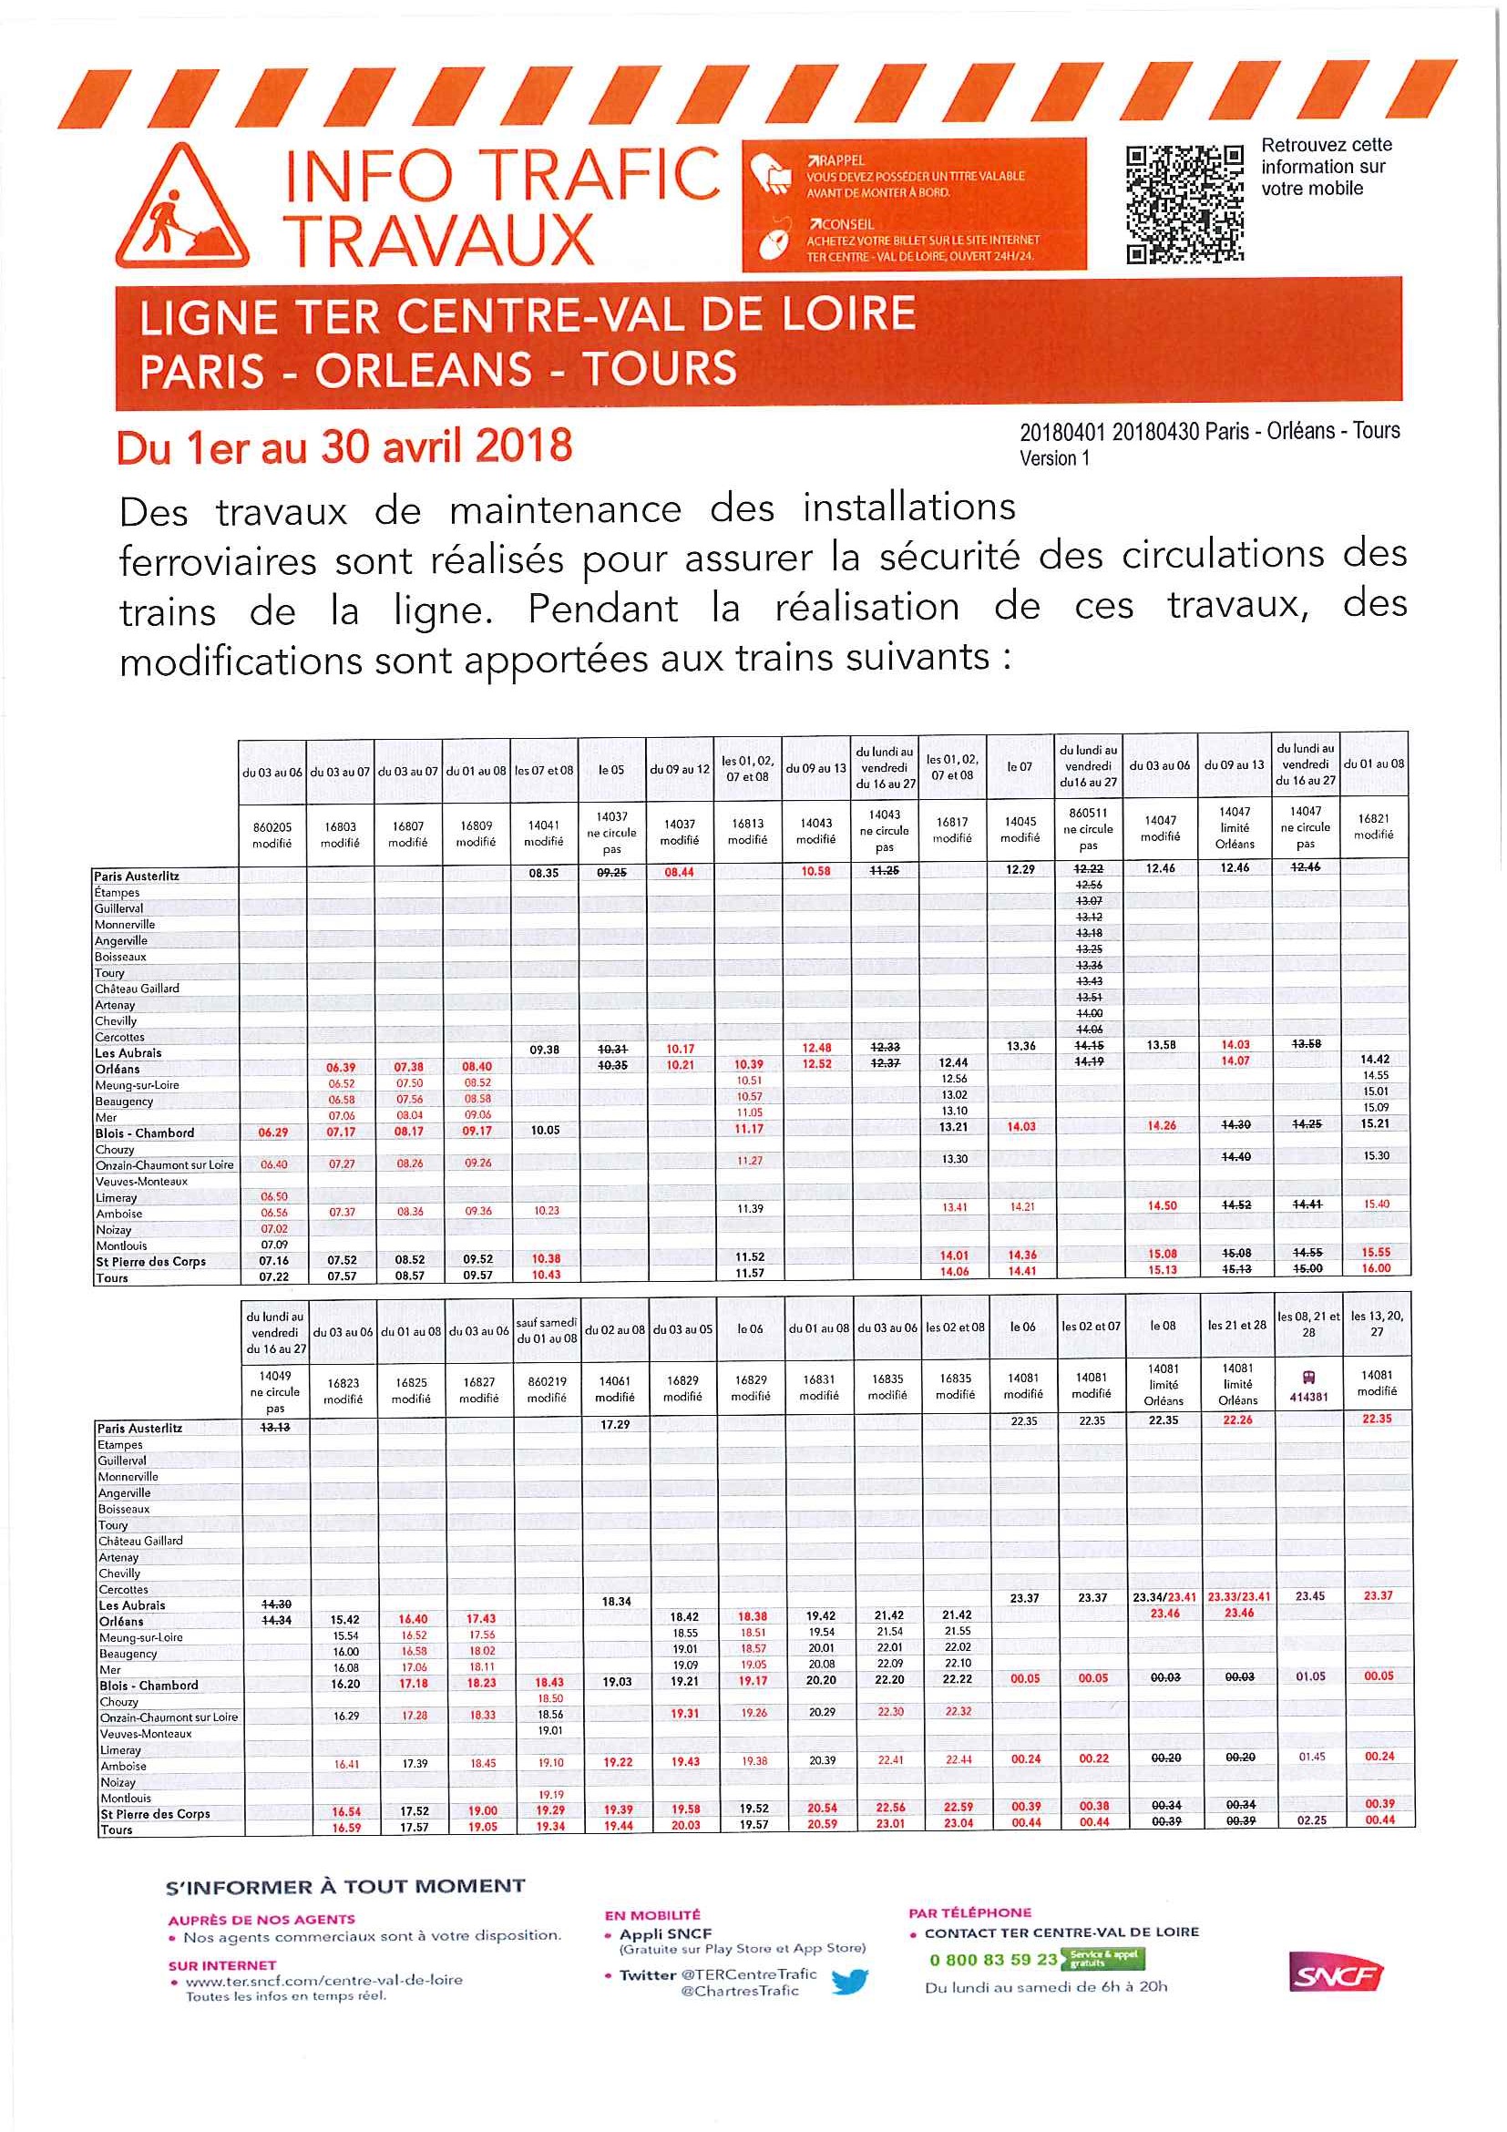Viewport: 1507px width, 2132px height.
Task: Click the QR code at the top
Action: coord(1184,204)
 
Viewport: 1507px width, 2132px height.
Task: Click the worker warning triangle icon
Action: coord(182,209)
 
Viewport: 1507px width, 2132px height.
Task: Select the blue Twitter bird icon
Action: coord(849,1982)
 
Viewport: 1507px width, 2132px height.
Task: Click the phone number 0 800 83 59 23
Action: coord(992,1959)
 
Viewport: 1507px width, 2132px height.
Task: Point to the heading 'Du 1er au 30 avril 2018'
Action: coord(343,446)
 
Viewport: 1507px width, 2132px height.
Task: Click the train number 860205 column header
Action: coord(272,835)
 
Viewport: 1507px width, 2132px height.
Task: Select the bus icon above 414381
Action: coord(1309,1377)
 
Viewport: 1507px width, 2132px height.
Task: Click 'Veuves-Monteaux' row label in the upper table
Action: coord(141,1181)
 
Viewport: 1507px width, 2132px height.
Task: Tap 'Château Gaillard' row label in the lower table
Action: coord(141,1541)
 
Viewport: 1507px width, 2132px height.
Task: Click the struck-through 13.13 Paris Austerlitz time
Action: coord(276,1427)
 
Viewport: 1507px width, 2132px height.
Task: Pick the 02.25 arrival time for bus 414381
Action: coord(1311,1820)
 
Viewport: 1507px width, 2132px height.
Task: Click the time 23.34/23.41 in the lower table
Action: coord(1164,1597)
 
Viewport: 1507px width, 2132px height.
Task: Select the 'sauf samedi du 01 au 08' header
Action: coord(547,1329)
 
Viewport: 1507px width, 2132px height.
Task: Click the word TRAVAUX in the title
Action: coord(438,240)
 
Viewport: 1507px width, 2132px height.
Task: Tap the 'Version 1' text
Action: coord(1054,457)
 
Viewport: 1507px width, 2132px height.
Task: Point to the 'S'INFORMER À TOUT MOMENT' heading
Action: coord(344,1887)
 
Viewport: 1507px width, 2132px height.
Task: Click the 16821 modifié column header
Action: coord(1373,826)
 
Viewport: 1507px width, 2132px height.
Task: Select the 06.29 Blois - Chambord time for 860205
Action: coord(273,1133)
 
